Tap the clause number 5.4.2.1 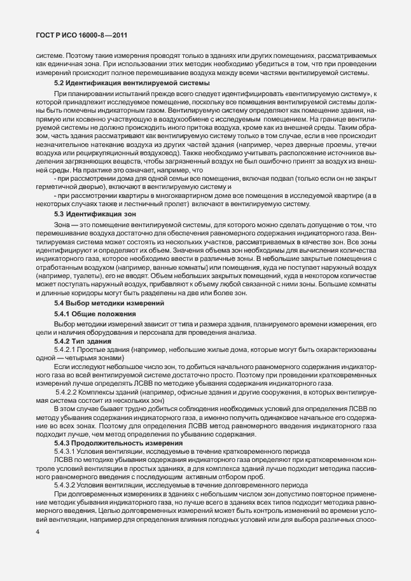click(66, 351)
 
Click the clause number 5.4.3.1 click(66, 451)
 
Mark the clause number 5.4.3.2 click(66, 484)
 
